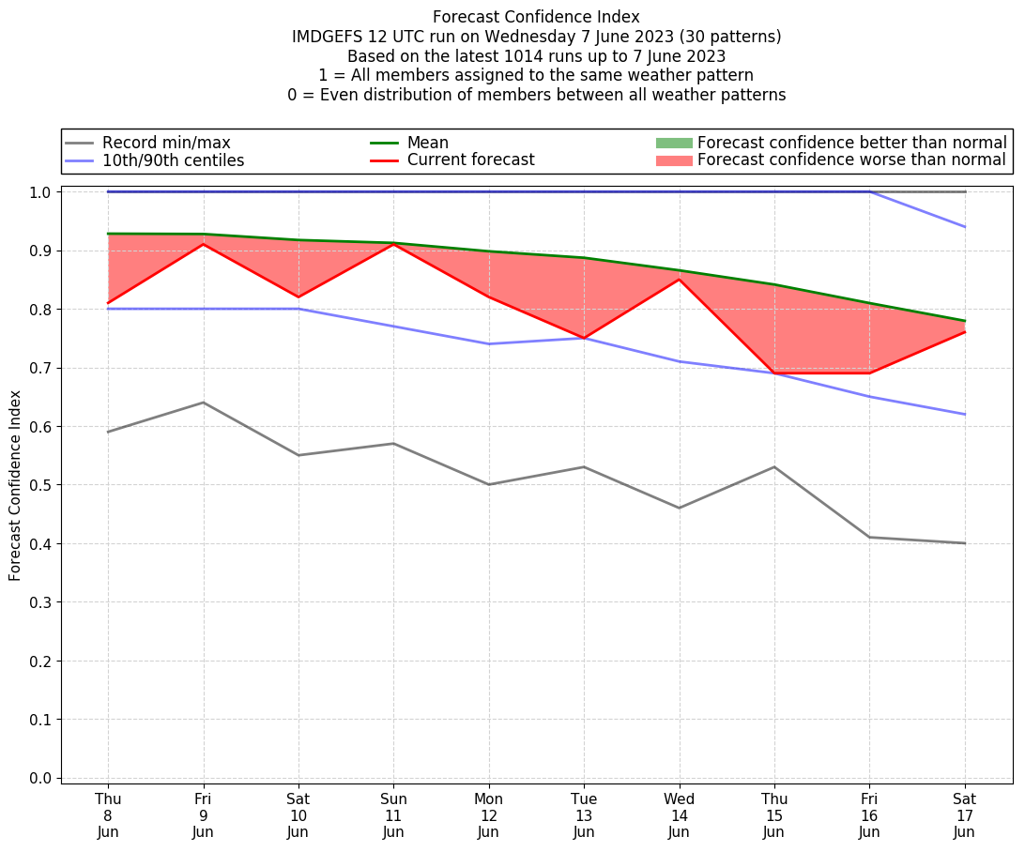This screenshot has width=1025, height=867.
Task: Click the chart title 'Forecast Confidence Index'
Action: click(536, 17)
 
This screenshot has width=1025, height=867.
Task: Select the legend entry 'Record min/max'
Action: click(166, 143)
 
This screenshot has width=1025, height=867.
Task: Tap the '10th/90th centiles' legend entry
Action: click(173, 160)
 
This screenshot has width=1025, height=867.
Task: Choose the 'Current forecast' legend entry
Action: click(470, 160)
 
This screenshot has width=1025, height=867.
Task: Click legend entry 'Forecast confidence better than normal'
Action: click(851, 143)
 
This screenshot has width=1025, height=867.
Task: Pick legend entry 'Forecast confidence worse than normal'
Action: click(851, 160)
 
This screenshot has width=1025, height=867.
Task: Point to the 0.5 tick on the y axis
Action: click(41, 485)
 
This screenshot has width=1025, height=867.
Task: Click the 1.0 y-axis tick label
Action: click(41, 192)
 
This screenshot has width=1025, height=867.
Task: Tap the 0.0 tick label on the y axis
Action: click(41, 778)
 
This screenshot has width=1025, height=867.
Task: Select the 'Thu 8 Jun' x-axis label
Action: click(108, 814)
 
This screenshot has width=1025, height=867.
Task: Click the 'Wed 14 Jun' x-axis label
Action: click(679, 814)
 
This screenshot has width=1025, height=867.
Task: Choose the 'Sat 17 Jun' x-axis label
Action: click(964, 814)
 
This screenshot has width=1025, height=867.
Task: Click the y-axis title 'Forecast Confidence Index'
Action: click(16, 485)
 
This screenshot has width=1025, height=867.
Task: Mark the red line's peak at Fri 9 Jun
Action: click(204, 244)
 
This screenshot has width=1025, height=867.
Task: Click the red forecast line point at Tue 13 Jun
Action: click(584, 338)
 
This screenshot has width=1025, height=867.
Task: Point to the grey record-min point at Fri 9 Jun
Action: click(204, 403)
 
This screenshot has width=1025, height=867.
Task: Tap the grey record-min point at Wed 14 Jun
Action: click(679, 508)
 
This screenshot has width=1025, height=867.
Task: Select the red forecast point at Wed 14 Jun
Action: click(679, 280)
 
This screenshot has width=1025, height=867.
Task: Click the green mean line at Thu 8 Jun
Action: click(109, 234)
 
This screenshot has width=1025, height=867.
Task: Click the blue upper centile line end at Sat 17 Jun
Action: click(964, 227)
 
